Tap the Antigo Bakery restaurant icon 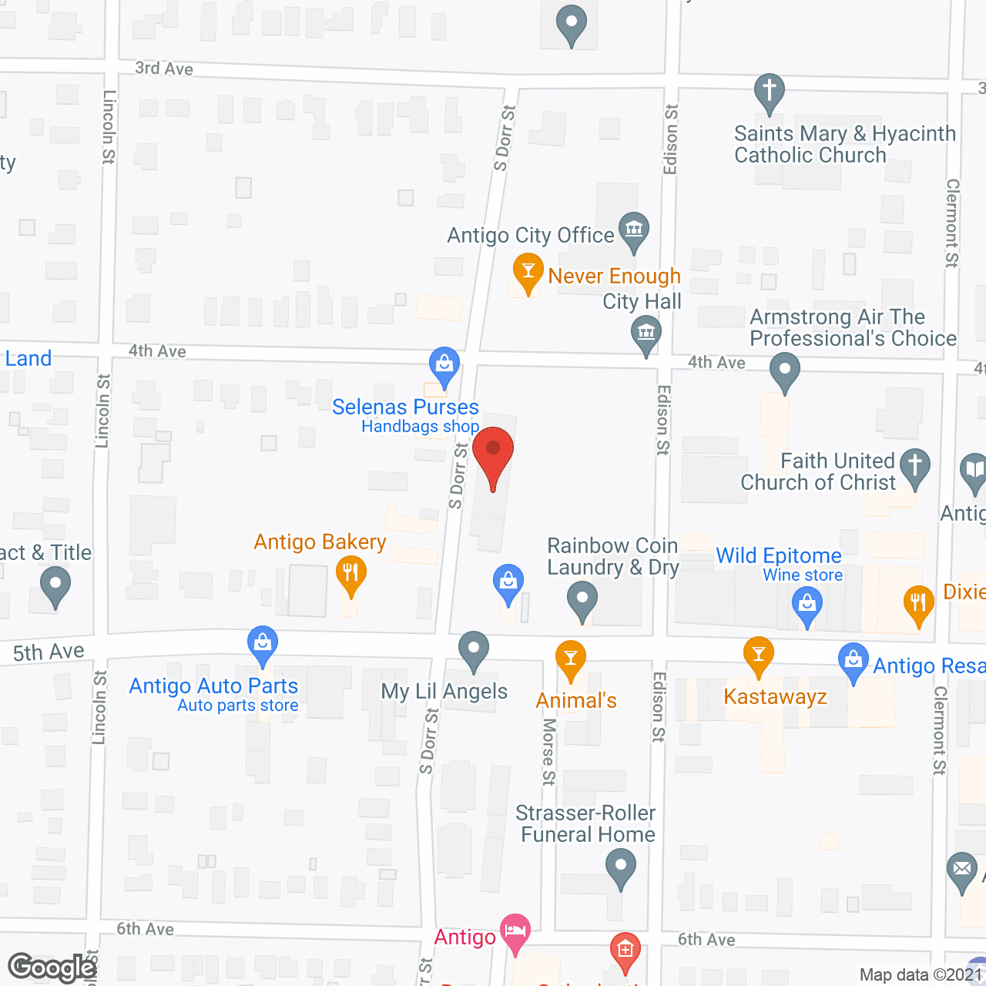(x=350, y=574)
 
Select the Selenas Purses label (x=405, y=407)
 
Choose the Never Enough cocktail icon (x=528, y=271)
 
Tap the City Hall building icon (x=646, y=334)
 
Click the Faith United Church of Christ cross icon (x=915, y=466)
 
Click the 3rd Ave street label (x=164, y=69)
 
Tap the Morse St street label (x=548, y=751)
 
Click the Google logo (x=52, y=968)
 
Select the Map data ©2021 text (x=921, y=975)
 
